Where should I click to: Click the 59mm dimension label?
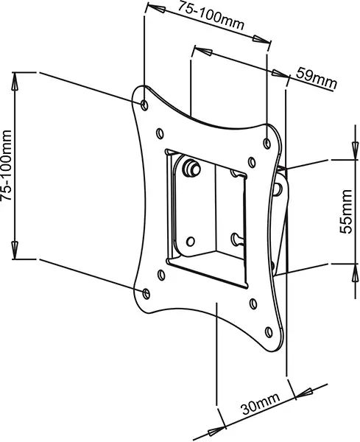(x=316, y=78)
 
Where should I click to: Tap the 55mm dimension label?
(x=346, y=211)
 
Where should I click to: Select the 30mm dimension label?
(x=261, y=404)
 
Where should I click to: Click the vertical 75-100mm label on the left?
(x=6, y=166)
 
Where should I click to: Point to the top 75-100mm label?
(x=210, y=15)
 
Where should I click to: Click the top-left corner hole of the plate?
(x=144, y=105)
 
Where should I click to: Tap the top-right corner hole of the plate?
(x=267, y=144)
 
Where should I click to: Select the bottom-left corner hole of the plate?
(x=147, y=293)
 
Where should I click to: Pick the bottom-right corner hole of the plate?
(x=269, y=332)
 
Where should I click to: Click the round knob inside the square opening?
(x=191, y=168)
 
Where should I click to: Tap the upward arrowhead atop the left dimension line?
(x=15, y=81)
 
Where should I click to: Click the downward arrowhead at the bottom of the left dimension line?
(x=15, y=250)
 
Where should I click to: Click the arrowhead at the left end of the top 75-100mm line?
(x=156, y=7)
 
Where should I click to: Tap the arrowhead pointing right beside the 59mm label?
(x=280, y=74)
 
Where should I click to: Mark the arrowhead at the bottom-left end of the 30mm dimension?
(x=216, y=431)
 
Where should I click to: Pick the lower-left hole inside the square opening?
(x=191, y=242)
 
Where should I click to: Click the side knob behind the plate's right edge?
(x=278, y=189)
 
